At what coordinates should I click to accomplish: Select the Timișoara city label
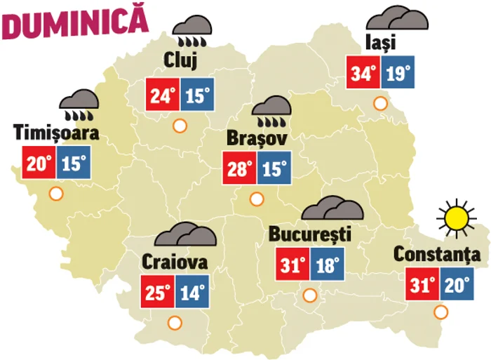(x=56, y=132)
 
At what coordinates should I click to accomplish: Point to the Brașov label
(x=257, y=139)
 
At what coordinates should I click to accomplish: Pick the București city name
(x=309, y=234)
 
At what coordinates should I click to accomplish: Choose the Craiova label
(x=175, y=262)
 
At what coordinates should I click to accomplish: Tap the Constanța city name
(x=437, y=254)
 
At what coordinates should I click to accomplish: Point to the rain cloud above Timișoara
(x=79, y=103)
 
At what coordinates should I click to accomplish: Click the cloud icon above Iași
(x=397, y=18)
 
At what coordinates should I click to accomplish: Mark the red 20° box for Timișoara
(x=39, y=164)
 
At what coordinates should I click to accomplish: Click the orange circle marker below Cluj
(x=180, y=126)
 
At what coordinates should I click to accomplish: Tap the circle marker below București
(x=309, y=295)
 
